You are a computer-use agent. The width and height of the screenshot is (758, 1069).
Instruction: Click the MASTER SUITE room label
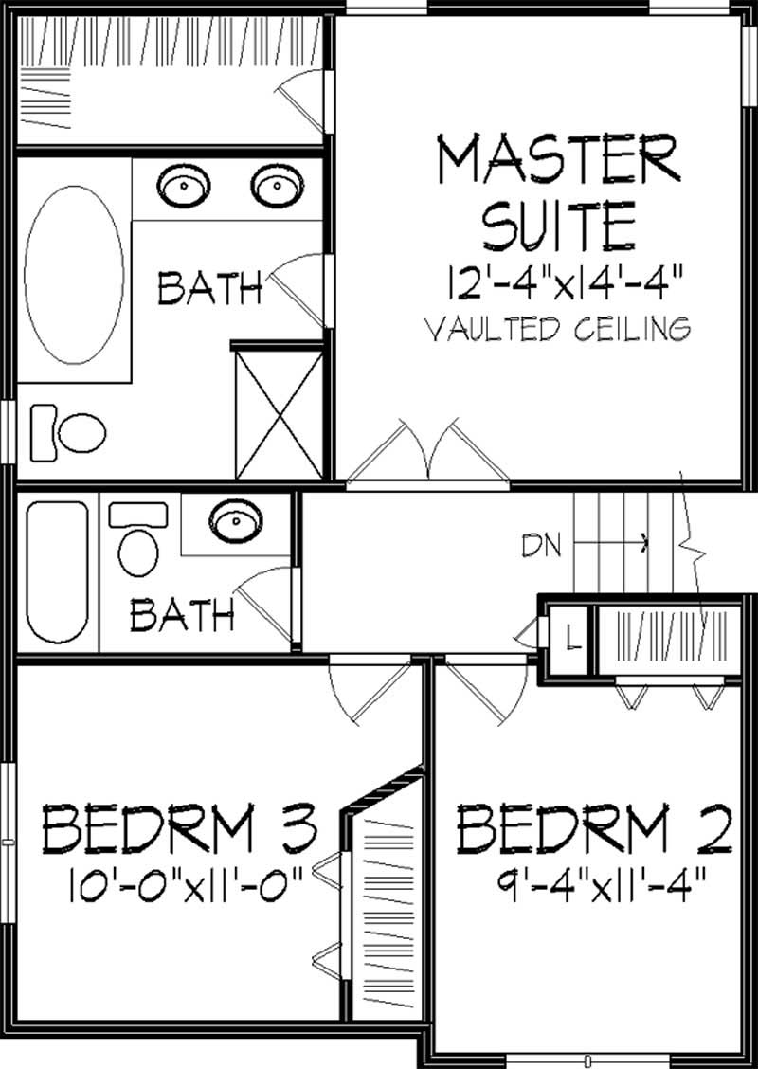point(557,190)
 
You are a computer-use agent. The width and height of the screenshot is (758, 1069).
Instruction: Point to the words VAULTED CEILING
point(557,329)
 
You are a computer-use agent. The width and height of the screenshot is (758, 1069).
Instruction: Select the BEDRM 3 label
point(178,829)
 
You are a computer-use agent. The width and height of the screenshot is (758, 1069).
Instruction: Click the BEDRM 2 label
point(595,829)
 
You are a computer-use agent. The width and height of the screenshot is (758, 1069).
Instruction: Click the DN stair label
point(541,545)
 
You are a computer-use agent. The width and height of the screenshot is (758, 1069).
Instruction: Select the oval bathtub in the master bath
point(73,275)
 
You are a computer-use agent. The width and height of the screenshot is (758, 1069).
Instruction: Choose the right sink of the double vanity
point(276,186)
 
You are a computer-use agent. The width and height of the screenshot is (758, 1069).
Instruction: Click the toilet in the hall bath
point(138,543)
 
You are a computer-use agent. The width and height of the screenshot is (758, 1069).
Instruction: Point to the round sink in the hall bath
point(232,520)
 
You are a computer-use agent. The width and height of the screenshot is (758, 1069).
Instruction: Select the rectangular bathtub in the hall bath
point(57,571)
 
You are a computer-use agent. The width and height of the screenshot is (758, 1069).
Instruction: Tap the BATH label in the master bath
point(209,288)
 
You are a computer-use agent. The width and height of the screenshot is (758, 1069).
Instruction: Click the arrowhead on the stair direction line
point(646,543)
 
